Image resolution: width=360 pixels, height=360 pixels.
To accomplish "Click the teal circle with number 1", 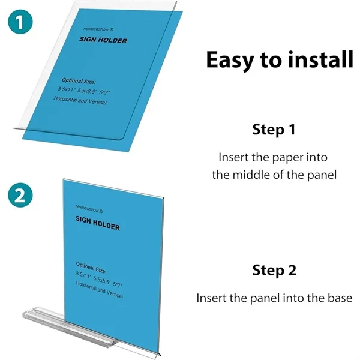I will [20, 23].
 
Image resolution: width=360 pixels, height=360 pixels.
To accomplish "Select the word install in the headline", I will [320, 60].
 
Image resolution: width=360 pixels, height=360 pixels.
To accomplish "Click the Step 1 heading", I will [274, 129].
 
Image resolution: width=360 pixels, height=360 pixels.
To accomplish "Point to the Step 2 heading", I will [274, 270].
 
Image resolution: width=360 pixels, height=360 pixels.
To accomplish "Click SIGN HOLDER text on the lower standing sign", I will [97, 224].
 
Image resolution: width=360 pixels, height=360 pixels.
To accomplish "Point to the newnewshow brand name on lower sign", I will [89, 208].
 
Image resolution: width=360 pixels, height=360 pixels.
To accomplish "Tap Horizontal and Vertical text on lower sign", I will [100, 291].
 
